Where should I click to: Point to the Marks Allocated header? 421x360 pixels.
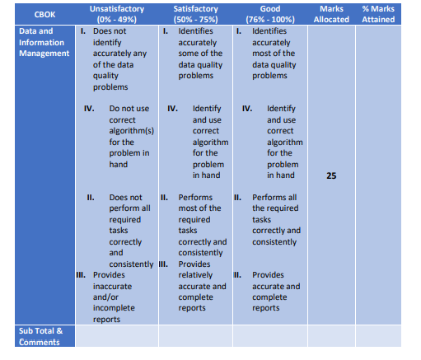[x=330, y=14]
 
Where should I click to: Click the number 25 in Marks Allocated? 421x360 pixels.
[x=330, y=175]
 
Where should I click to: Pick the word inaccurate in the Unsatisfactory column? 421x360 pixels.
[x=114, y=286]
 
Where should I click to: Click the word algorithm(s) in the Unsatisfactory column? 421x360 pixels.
[x=132, y=130]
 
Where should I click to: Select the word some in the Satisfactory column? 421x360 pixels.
[x=189, y=53]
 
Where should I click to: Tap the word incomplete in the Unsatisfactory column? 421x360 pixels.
[x=114, y=308]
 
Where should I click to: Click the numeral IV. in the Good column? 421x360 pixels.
[x=247, y=108]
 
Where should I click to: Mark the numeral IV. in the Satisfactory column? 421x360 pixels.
[x=173, y=108]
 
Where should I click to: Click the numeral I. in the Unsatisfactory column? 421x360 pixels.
[x=84, y=30]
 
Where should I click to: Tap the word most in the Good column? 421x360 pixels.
[x=262, y=53]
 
